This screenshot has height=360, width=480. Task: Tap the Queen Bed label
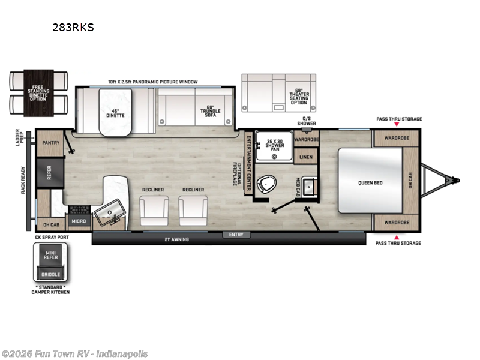tap(371, 182)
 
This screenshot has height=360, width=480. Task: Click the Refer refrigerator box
tap(50, 172)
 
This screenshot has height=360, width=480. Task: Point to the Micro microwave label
tap(79, 221)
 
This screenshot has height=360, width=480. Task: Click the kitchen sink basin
tap(111, 211)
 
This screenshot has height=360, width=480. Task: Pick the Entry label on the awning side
tap(236, 235)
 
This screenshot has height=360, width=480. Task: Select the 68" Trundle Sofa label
tap(211, 110)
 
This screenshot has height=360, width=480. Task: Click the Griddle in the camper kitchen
tap(51, 275)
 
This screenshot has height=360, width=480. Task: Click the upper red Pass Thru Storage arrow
tap(396, 125)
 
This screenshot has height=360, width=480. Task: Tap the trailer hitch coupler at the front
tap(456, 179)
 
